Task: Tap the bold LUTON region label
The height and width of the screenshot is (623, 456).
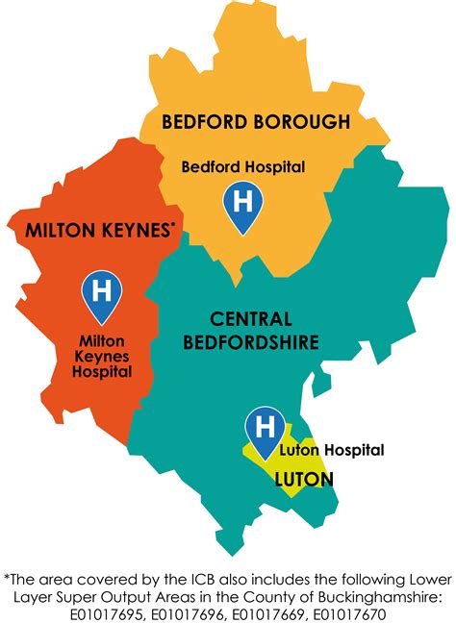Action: (x=304, y=478)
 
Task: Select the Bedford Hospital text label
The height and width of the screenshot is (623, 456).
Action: (x=243, y=167)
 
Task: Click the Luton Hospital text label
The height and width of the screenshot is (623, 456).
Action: (x=332, y=450)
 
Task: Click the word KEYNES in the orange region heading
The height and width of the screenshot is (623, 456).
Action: (x=133, y=231)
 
